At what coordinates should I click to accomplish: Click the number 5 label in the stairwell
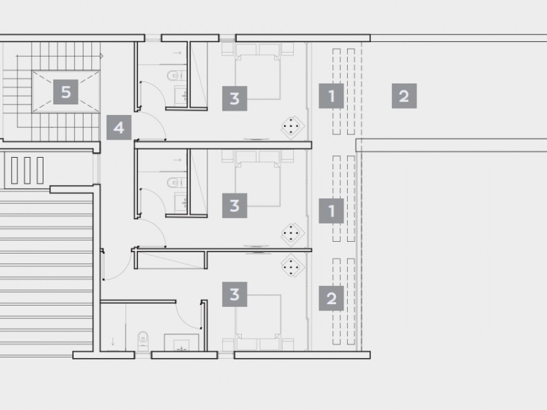66,92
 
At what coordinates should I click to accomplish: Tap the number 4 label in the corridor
119,128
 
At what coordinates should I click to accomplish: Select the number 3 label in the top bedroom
235,99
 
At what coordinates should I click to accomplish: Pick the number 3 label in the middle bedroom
235,205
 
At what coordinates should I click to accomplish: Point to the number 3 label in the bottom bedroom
235,294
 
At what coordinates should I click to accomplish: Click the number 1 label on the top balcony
332,96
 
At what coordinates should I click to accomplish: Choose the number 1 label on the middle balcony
332,211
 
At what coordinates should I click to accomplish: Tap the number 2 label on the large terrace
405,96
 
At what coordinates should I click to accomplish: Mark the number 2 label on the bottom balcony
332,299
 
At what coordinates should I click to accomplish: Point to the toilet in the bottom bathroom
143,341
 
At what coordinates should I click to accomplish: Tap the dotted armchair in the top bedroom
292,128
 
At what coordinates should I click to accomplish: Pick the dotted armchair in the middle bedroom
292,234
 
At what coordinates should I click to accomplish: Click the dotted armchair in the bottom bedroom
292,266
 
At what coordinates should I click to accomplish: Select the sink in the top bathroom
181,95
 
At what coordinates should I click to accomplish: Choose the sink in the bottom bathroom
182,342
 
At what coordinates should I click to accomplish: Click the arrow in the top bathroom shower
177,53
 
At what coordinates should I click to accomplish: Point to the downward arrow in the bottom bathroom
113,342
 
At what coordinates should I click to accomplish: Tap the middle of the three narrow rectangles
27,170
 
